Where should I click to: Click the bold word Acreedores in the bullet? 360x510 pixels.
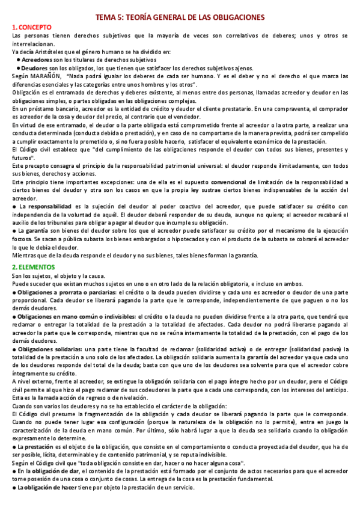click(37, 60)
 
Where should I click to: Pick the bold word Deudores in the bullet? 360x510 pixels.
click(35, 68)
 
